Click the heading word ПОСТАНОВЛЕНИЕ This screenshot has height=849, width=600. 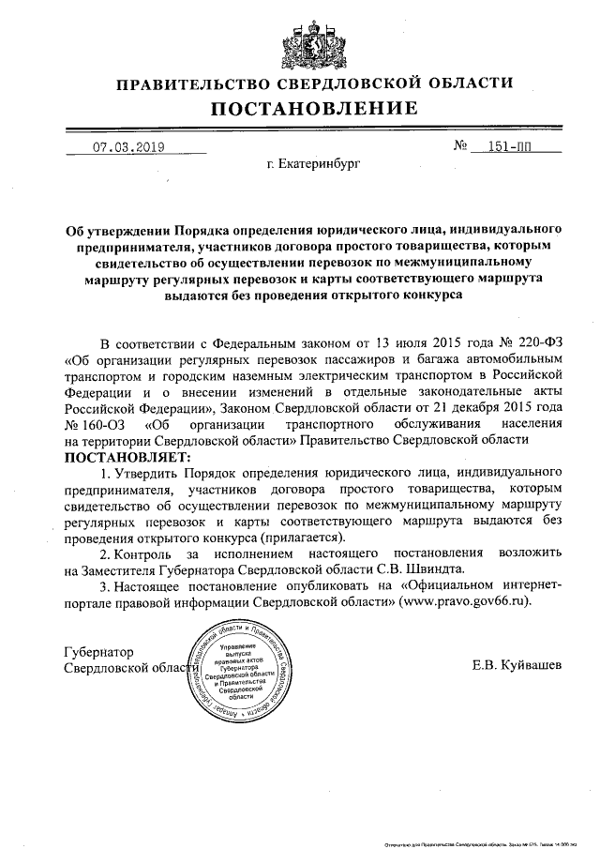[x=299, y=110]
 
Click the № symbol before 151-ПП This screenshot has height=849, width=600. [x=460, y=147]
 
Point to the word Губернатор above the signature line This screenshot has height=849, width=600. [x=98, y=651]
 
